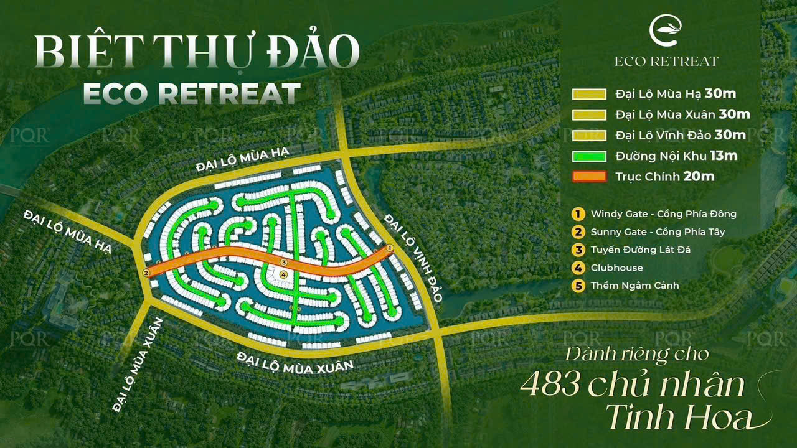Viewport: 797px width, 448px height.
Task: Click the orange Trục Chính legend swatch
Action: coord(589,177)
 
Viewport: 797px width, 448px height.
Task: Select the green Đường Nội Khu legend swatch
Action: coord(589,156)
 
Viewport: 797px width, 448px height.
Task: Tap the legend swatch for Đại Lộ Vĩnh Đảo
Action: coord(589,136)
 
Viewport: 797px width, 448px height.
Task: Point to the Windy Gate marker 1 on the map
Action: coord(390,248)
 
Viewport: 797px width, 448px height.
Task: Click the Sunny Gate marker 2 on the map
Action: coord(146,272)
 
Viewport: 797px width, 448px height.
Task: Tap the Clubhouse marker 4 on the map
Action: coord(283,274)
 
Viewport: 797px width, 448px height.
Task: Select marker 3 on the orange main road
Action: coord(282,263)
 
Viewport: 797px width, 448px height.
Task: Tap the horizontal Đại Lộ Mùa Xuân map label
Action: coord(295,362)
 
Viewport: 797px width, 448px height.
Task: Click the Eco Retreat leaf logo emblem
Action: coord(666,31)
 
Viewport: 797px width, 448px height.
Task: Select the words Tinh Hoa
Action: coord(678,418)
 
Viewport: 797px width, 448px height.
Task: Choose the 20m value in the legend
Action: coord(699,177)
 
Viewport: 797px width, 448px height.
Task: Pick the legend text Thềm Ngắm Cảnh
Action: coord(634,286)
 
